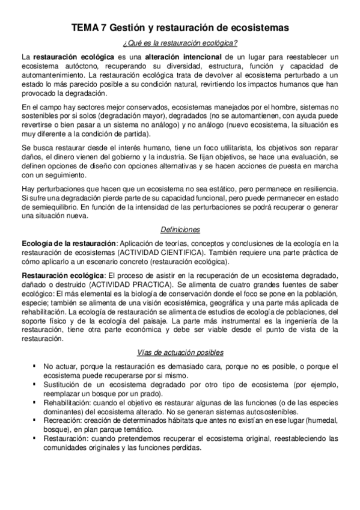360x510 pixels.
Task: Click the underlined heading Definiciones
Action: pyautogui.click(x=180, y=230)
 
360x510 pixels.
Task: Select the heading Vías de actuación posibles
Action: pyautogui.click(x=180, y=352)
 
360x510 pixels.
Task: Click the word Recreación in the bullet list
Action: pyautogui.click(x=63, y=422)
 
